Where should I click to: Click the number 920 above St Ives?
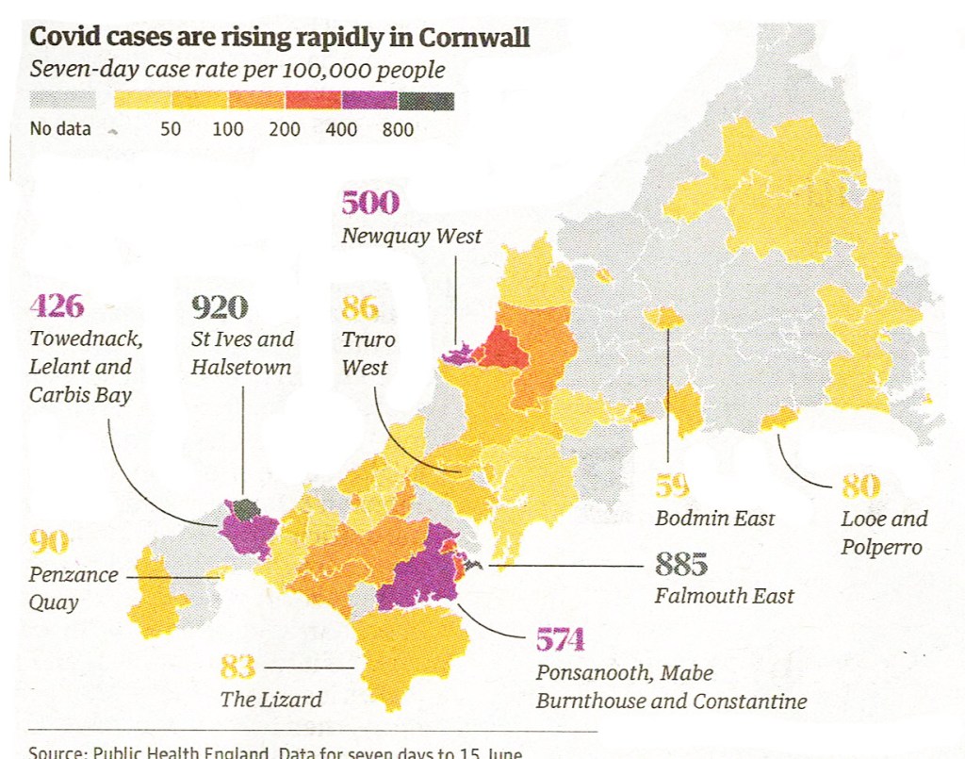[220, 307]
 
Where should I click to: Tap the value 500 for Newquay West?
[369, 203]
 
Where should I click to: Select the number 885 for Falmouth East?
[680, 565]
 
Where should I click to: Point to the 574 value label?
[561, 640]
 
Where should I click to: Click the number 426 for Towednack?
[57, 306]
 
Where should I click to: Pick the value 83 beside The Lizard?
[237, 667]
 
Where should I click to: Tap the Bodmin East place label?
[714, 518]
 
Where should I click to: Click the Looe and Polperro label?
[883, 533]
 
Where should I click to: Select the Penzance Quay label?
[74, 588]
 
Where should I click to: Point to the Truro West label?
[368, 353]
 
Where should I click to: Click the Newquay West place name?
[411, 237]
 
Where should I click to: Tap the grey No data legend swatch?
[62, 100]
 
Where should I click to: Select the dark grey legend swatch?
[426, 100]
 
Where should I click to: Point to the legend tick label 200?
[284, 129]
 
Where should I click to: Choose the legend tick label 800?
[398, 129]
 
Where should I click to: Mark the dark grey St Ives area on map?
[247, 509]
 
